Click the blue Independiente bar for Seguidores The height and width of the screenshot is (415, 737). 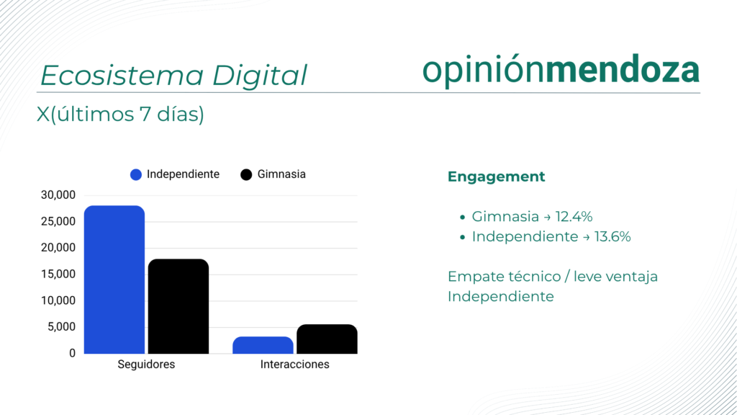tap(114, 280)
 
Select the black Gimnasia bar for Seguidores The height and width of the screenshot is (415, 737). tap(178, 306)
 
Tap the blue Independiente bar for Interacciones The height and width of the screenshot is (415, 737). tap(263, 345)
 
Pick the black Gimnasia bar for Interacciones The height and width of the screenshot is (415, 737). tap(327, 339)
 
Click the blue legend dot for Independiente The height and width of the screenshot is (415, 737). tap(136, 174)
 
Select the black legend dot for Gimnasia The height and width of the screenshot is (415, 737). tap(246, 174)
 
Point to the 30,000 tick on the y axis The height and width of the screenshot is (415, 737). tap(58, 195)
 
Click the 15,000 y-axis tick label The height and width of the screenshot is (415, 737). tap(58, 274)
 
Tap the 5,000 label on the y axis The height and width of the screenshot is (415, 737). tap(61, 326)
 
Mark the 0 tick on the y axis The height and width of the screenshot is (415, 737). tap(72, 353)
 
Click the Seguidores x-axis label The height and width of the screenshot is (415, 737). tap(146, 364)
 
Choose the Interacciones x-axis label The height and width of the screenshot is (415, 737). tap(294, 364)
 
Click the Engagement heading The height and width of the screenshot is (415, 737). tap(497, 177)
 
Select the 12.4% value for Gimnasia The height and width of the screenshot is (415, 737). tap(574, 216)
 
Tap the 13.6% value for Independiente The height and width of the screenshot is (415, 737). tap(612, 236)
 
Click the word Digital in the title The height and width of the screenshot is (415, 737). tap(259, 75)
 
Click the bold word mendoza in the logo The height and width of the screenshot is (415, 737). tap(623, 70)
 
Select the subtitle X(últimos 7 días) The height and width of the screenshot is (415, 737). tap(120, 115)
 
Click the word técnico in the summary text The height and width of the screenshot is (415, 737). tap(535, 276)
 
